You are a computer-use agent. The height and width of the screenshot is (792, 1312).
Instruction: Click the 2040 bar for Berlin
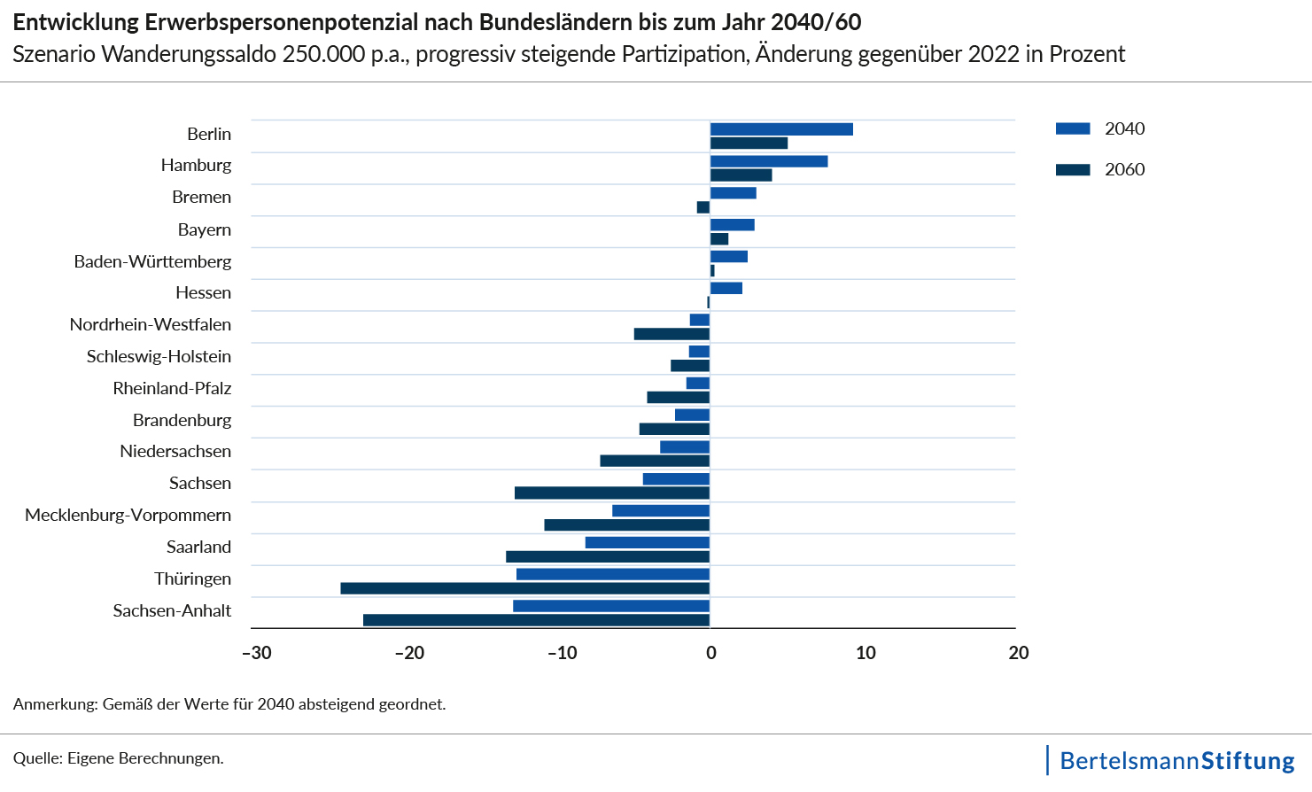(x=780, y=129)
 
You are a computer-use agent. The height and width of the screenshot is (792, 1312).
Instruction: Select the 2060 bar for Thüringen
(x=524, y=588)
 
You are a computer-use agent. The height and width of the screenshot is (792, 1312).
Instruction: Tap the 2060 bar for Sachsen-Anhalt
(x=536, y=620)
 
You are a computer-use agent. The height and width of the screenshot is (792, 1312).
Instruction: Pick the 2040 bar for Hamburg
(x=768, y=161)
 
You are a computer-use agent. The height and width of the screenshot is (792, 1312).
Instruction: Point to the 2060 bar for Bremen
(x=703, y=207)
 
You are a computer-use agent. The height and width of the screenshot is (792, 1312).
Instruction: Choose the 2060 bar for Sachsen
(x=611, y=493)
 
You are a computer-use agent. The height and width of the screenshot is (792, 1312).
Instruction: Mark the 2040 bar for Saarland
(x=647, y=543)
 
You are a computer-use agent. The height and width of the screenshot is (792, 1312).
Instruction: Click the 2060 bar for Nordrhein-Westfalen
(x=672, y=334)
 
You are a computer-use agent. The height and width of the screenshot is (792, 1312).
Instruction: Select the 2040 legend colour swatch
(x=1072, y=129)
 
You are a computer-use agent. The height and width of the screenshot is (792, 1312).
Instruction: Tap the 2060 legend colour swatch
(x=1072, y=170)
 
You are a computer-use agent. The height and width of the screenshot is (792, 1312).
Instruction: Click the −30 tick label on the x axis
(x=257, y=654)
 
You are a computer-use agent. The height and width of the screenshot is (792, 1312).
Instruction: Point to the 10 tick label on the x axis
(x=866, y=654)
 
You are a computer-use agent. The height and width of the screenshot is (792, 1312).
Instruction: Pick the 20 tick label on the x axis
(x=1019, y=654)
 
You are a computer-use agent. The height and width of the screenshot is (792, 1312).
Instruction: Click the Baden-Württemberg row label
(x=152, y=261)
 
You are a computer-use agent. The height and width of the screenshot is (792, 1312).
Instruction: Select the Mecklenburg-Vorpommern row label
(x=128, y=515)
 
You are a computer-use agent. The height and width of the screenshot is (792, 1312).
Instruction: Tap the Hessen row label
(x=203, y=292)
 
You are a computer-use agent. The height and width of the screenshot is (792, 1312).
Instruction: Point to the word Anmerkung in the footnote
(x=54, y=704)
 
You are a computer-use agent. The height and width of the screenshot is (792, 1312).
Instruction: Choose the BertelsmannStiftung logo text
(x=1176, y=761)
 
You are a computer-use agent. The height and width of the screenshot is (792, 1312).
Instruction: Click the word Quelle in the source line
(x=36, y=758)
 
